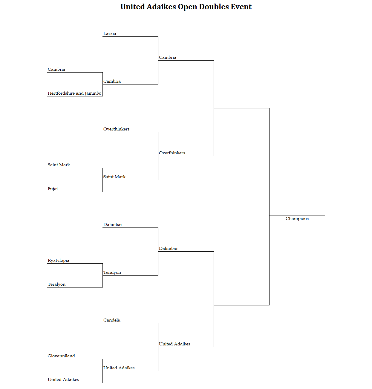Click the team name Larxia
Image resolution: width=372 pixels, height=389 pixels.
110,33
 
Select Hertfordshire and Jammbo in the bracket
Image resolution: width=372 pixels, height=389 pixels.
74,93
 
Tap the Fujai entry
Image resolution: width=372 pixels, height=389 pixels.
53,189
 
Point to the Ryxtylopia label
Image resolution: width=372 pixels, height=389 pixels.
59,261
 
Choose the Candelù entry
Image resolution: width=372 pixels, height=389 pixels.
112,320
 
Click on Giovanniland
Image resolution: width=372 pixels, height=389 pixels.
61,356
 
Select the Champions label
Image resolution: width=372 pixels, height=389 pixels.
297,219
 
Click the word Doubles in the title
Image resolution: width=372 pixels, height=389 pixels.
214,7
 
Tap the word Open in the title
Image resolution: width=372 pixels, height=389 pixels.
187,7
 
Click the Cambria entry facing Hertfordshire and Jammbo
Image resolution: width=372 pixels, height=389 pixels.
56,69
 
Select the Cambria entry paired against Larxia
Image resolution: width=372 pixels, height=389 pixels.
112,82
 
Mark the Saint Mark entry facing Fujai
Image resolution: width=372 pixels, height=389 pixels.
59,165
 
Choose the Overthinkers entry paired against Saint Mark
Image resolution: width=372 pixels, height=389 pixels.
116,129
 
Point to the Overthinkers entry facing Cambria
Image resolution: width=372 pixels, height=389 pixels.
172,153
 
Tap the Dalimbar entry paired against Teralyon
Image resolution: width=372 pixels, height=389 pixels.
113,225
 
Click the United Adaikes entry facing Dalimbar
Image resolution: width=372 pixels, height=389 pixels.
174,344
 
